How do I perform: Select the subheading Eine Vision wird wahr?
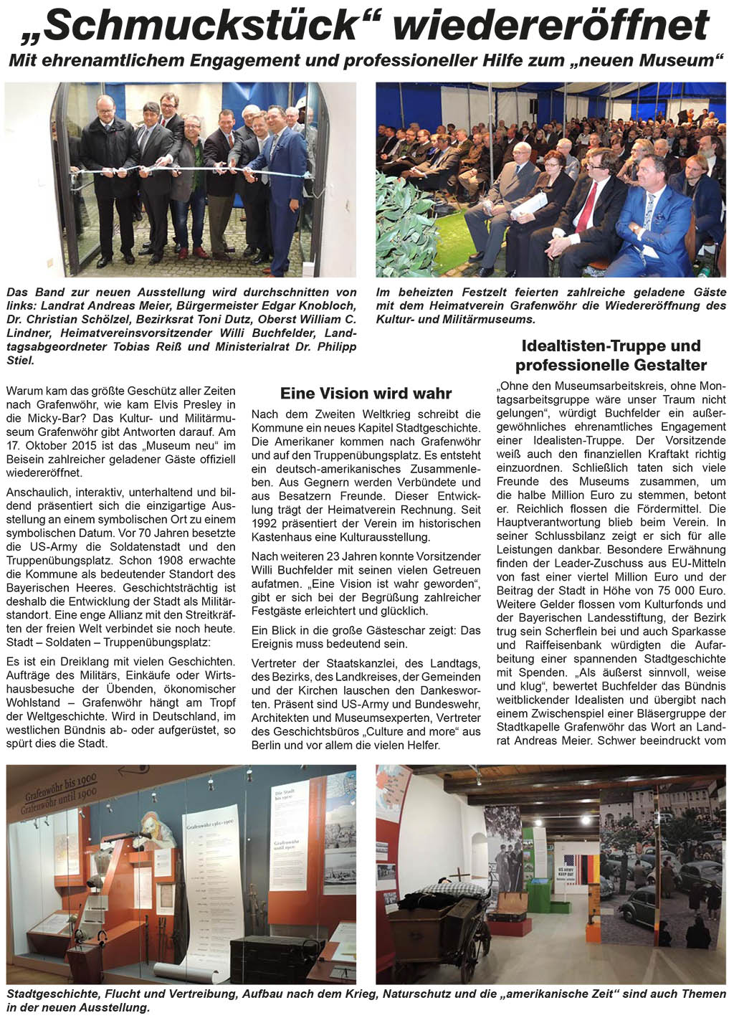(x=366, y=394)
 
